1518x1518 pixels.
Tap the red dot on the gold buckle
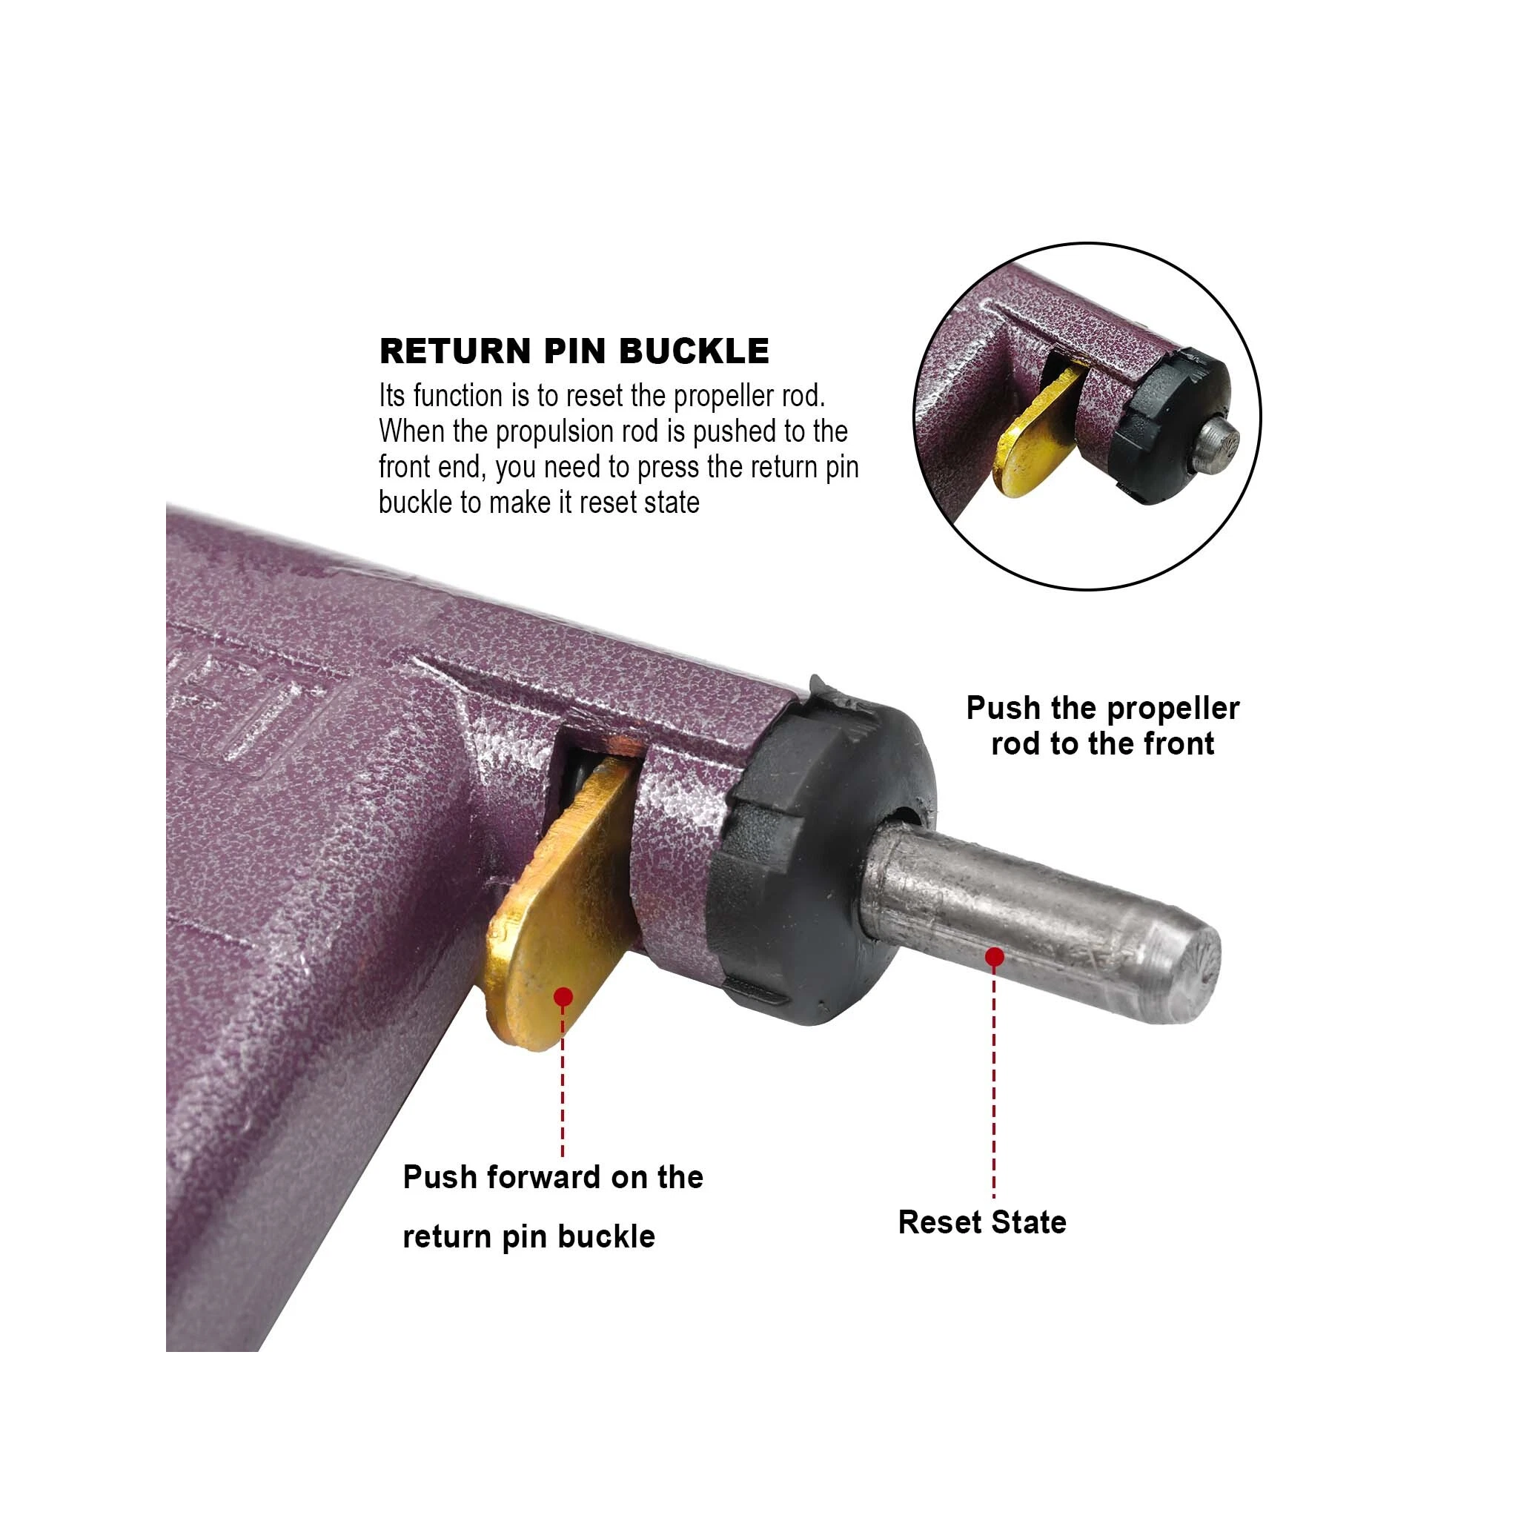coord(563,997)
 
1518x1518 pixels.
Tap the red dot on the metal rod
coord(994,956)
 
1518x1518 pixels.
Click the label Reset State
coord(981,1222)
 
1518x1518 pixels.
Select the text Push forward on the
coord(552,1178)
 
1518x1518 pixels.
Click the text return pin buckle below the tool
coord(528,1238)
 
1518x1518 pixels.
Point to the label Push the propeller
coord(1102,708)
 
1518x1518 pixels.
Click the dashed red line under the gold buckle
coord(563,1084)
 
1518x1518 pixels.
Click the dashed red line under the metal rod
coord(994,1084)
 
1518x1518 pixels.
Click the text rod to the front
coord(1102,743)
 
